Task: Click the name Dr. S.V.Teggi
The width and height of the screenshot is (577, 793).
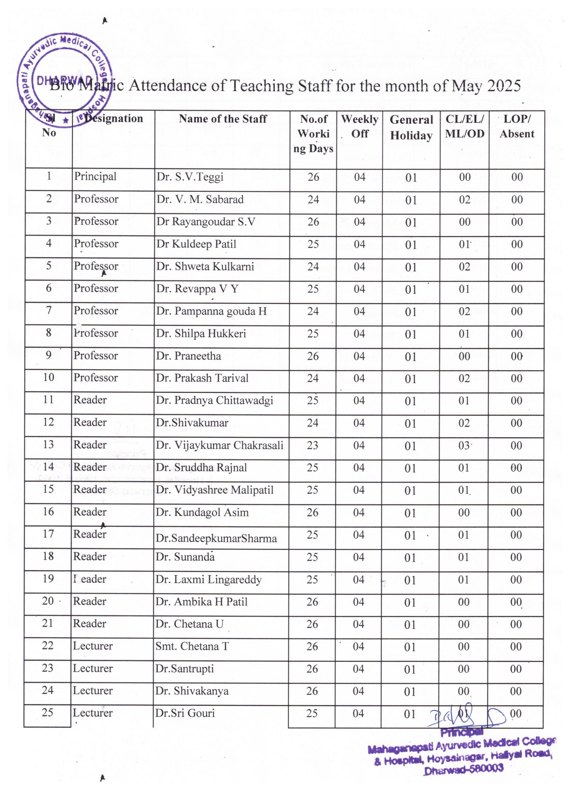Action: coord(190,177)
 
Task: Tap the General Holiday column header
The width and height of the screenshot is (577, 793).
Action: coord(411,127)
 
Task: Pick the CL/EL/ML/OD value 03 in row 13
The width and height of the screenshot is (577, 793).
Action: coord(464,445)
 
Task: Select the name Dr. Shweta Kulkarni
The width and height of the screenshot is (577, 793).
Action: coord(205,266)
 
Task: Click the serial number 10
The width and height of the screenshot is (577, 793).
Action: coord(49,377)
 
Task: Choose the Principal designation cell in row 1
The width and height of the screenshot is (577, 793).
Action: coord(95,176)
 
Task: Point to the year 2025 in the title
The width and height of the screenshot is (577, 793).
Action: coord(504,86)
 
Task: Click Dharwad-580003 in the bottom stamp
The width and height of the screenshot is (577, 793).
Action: coord(464,769)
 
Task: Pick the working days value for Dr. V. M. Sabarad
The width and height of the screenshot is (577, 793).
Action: coord(313,200)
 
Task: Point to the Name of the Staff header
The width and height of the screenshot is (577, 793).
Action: coord(223,119)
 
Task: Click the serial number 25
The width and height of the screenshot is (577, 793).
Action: coord(47,712)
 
